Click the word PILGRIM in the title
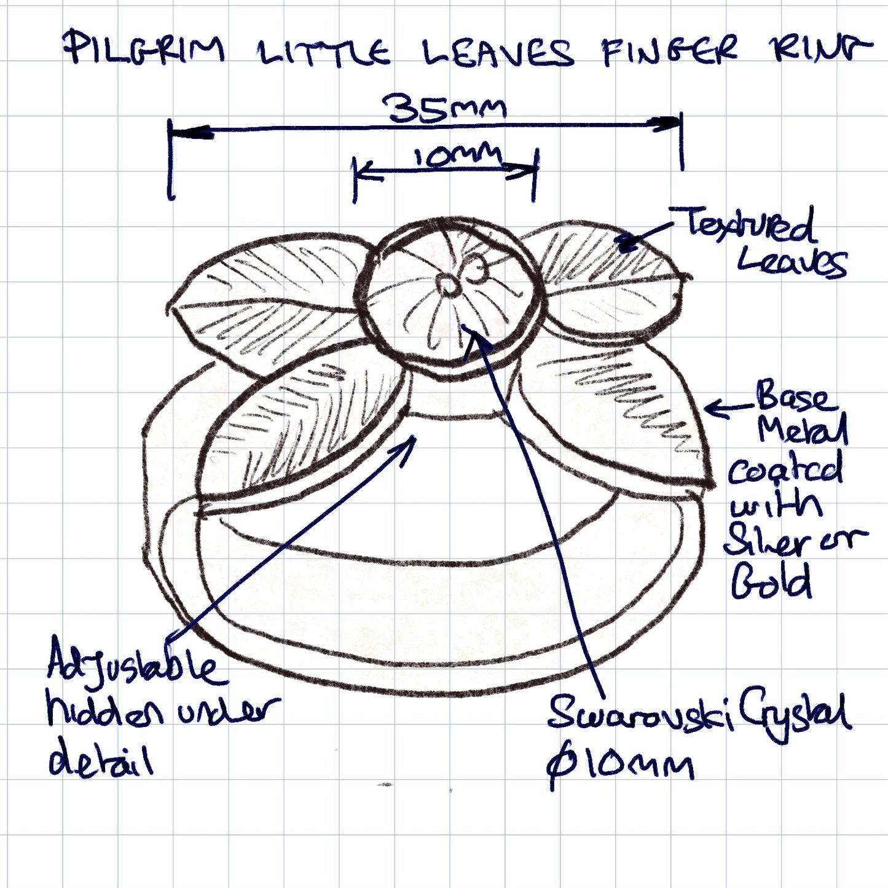click(144, 47)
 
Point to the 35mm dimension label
click(444, 108)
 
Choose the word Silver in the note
click(766, 541)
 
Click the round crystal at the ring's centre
click(449, 293)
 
